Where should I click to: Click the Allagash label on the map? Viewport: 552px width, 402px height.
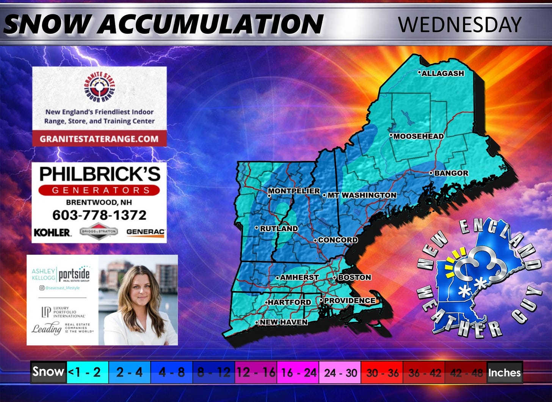[442, 73]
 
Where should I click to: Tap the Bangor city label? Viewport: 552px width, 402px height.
[451, 173]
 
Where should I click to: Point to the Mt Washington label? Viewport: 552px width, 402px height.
[361, 195]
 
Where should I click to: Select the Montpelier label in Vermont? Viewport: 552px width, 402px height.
[294, 191]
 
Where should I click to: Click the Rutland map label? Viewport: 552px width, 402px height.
[278, 229]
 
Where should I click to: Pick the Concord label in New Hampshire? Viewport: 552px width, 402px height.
[337, 240]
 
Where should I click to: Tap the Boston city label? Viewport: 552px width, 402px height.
[354, 277]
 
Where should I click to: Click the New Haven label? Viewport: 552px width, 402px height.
[283, 322]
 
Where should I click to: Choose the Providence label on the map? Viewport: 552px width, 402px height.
[349, 301]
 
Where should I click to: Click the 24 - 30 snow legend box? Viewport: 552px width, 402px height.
[340, 372]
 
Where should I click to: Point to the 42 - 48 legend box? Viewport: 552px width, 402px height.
[466, 372]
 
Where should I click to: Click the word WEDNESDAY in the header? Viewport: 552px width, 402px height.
[459, 25]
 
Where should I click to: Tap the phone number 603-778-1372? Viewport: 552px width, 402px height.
[99, 215]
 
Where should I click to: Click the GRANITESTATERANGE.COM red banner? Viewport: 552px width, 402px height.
[99, 139]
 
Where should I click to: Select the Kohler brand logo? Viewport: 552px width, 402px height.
[52, 232]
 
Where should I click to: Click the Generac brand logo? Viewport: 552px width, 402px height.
[146, 232]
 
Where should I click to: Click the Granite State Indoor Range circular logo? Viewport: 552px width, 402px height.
[100, 87]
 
